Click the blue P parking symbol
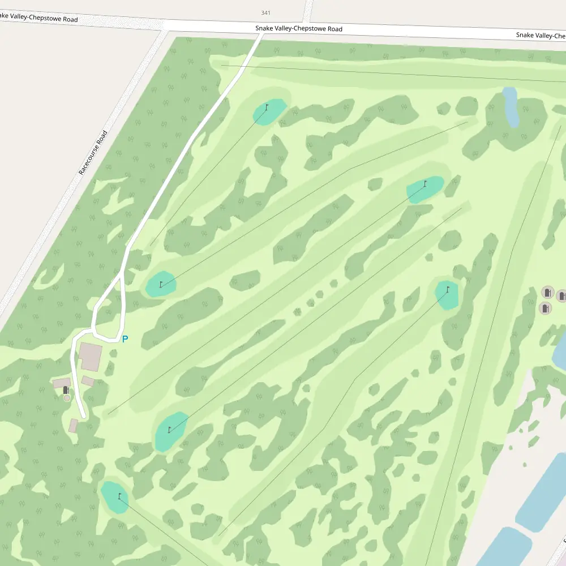125,339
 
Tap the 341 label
266,12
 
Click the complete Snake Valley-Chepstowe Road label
298,29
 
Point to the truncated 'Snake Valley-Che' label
541,36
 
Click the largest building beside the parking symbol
91,356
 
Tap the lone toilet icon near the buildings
66,390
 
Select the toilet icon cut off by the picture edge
561,295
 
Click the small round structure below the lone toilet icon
67,398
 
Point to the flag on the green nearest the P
161,284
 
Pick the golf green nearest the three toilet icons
447,295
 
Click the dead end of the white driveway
84,417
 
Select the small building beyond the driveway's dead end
73,425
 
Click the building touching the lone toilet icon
61,383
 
